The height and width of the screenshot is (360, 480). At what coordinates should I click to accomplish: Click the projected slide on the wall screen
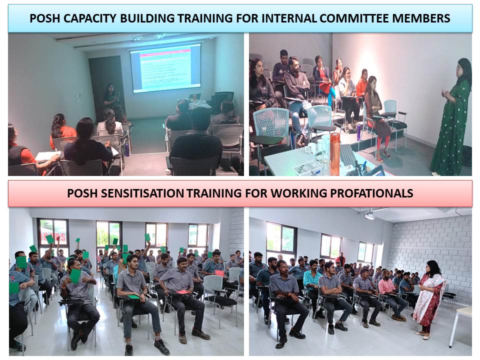165,67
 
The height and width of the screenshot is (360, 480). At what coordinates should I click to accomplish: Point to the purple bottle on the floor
358,132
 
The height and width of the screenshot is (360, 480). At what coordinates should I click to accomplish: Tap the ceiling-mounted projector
369,215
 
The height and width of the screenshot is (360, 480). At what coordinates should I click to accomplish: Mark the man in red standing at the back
341,259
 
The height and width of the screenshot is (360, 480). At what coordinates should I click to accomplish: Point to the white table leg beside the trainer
453,330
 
